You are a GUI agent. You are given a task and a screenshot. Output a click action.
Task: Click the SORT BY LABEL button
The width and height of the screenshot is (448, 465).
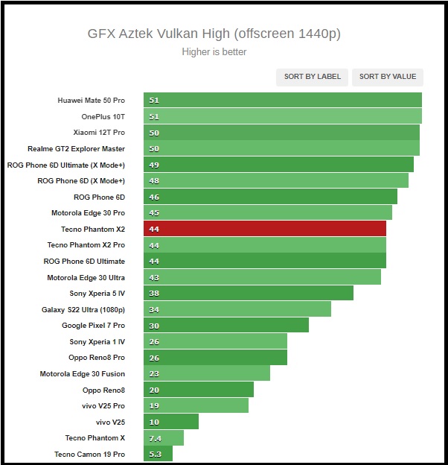pyautogui.click(x=313, y=77)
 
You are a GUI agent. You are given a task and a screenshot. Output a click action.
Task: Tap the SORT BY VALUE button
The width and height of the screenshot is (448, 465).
pyautogui.click(x=387, y=77)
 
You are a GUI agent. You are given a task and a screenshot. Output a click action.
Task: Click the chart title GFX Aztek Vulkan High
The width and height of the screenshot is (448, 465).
pyautogui.click(x=214, y=34)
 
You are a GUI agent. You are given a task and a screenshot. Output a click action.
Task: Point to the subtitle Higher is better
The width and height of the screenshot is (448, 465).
pyautogui.click(x=214, y=52)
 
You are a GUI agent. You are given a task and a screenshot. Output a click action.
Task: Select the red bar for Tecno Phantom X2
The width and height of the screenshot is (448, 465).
pyautogui.click(x=265, y=229)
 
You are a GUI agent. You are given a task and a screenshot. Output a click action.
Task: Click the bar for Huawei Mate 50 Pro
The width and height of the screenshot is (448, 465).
pyautogui.click(x=283, y=100)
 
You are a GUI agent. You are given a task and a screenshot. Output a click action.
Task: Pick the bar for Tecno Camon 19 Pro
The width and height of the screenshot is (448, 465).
pyautogui.click(x=159, y=454)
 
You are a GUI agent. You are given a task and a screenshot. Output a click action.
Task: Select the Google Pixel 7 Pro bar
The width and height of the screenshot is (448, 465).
pyautogui.click(x=226, y=326)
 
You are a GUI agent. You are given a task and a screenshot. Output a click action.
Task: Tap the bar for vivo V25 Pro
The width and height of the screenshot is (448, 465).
pyautogui.click(x=196, y=405)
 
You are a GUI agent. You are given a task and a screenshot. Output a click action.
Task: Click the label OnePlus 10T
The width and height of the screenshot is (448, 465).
pyautogui.click(x=103, y=116)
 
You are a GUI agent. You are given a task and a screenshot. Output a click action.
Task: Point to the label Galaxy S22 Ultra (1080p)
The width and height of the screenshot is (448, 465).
pyautogui.click(x=83, y=309)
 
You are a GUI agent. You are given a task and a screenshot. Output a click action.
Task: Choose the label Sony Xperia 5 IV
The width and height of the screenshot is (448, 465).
pyautogui.click(x=97, y=294)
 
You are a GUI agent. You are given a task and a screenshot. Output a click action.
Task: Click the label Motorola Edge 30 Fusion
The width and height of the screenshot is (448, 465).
pyautogui.click(x=82, y=373)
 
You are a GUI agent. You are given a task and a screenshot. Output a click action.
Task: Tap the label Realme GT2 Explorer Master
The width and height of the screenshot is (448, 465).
pyautogui.click(x=76, y=148)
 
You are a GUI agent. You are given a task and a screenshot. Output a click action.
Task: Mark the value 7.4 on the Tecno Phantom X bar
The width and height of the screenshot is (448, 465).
pyautogui.click(x=155, y=438)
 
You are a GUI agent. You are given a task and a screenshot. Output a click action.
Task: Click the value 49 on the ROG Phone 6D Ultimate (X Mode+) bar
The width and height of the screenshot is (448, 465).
pyautogui.click(x=154, y=165)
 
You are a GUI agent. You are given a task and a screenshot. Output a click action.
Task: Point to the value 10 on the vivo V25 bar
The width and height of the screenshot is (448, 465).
pyautogui.click(x=154, y=422)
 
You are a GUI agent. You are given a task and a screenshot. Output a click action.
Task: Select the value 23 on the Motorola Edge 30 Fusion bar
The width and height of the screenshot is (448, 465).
pyautogui.click(x=154, y=373)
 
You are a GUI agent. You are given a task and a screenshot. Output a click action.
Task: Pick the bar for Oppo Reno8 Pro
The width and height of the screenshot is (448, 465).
pyautogui.click(x=216, y=358)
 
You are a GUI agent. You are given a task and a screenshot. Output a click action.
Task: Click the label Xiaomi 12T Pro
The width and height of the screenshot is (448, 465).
pyautogui.click(x=99, y=132)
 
